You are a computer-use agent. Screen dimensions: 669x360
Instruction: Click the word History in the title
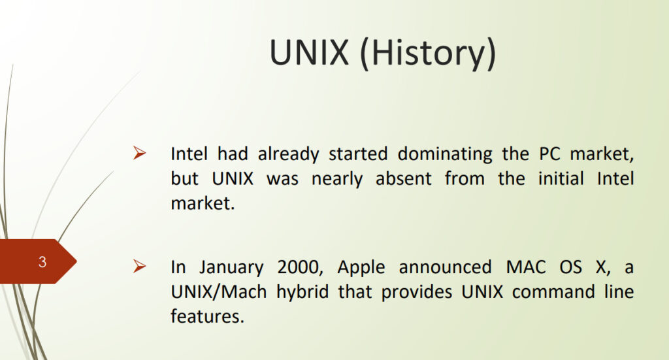click(x=428, y=53)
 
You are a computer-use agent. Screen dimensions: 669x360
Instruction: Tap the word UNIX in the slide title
click(x=309, y=52)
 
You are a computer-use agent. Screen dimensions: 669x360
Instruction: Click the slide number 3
click(x=42, y=261)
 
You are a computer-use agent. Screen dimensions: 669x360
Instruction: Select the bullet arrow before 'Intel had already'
click(x=139, y=153)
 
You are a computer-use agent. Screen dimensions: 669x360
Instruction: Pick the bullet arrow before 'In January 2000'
click(x=139, y=266)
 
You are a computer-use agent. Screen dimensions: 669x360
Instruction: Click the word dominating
click(x=445, y=154)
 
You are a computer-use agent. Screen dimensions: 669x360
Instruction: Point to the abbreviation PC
click(x=549, y=154)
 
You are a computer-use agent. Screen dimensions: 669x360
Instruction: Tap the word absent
click(x=404, y=178)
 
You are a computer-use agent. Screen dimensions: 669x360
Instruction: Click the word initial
click(x=561, y=178)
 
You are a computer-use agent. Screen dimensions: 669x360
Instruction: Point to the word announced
click(x=446, y=267)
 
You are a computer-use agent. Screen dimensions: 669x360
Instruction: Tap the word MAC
click(x=526, y=267)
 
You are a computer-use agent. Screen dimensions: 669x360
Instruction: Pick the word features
click(x=207, y=316)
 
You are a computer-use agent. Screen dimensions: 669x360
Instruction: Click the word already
click(x=288, y=154)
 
